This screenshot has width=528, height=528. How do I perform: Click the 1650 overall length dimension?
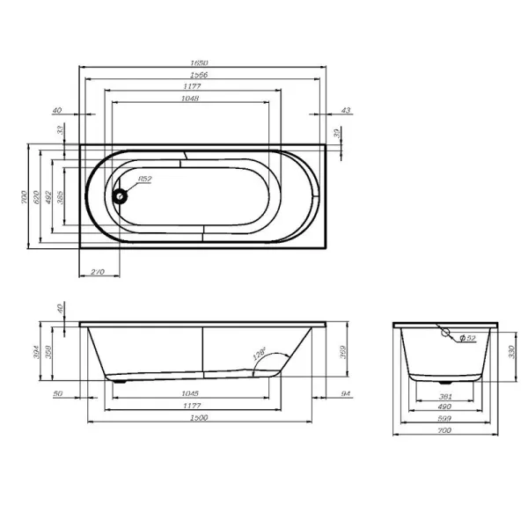202,64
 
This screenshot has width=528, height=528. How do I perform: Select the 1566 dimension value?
202,76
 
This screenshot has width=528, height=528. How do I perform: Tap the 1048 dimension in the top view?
190,99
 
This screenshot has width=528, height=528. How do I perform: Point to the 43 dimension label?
345,110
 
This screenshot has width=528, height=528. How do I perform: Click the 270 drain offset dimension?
99,272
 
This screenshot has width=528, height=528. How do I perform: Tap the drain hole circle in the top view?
120,195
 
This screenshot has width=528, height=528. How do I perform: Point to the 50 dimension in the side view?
57,393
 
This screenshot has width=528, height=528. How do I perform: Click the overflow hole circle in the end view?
447,334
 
